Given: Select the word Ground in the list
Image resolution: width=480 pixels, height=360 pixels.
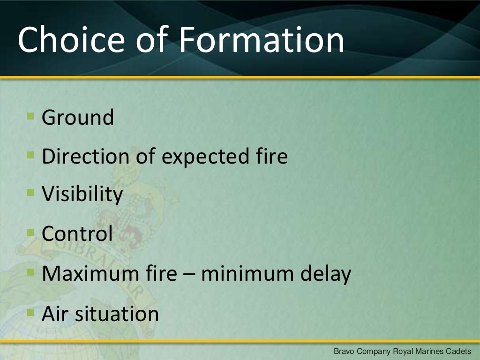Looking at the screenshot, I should click(x=78, y=117).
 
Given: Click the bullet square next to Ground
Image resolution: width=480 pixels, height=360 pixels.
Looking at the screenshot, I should click(x=30, y=115).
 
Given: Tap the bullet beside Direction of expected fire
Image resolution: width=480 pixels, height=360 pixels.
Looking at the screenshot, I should click(x=30, y=154).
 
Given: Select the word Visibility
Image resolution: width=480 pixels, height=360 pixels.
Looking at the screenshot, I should click(x=82, y=195).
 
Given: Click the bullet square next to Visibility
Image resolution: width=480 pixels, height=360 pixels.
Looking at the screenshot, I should click(x=30, y=192).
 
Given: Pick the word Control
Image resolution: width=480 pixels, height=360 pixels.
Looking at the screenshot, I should click(x=77, y=233).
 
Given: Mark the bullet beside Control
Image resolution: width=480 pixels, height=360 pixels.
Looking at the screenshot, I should click(x=30, y=232).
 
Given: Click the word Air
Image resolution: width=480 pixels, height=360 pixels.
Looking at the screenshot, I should click(x=52, y=313).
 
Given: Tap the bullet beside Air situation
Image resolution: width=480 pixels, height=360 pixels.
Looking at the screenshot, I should click(x=30, y=311).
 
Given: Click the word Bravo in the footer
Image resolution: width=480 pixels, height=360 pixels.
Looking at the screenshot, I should click(x=343, y=351).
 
